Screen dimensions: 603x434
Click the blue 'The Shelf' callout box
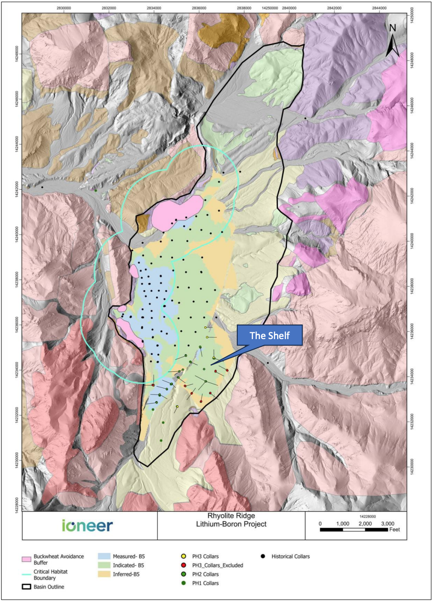click(x=269, y=335)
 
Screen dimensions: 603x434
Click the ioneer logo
click(x=87, y=526)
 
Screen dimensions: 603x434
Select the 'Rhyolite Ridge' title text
click(x=231, y=516)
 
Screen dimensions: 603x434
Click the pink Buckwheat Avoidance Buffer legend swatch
click(x=26, y=559)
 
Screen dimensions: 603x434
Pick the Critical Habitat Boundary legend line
click(x=26, y=574)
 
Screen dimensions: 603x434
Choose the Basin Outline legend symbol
click(x=26, y=587)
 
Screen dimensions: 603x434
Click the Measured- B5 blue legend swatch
click(x=104, y=556)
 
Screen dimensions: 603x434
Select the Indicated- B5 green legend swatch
click(x=104, y=565)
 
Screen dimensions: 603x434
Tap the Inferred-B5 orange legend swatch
click(x=104, y=574)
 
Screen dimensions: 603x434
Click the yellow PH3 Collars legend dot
click(x=184, y=556)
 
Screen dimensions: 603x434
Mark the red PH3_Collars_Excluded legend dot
click(x=184, y=565)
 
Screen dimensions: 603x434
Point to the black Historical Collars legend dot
click(x=263, y=556)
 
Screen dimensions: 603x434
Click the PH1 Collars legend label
click(x=205, y=583)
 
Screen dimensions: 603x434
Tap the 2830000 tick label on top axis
click(x=64, y=8)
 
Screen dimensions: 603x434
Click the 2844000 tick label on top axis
click(x=379, y=8)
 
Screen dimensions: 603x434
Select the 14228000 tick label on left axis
click(x=17, y=503)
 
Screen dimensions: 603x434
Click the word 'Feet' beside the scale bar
click(x=395, y=530)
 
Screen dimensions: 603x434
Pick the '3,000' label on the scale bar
click(x=387, y=524)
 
